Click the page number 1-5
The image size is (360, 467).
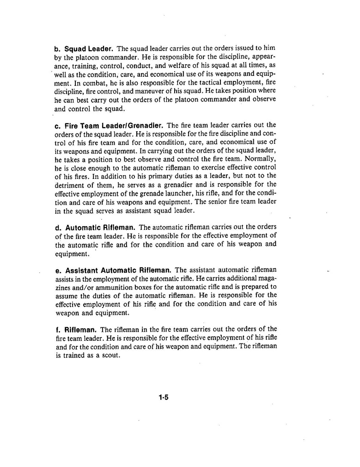click(x=163, y=397)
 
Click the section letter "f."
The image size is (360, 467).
click(x=58, y=330)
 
